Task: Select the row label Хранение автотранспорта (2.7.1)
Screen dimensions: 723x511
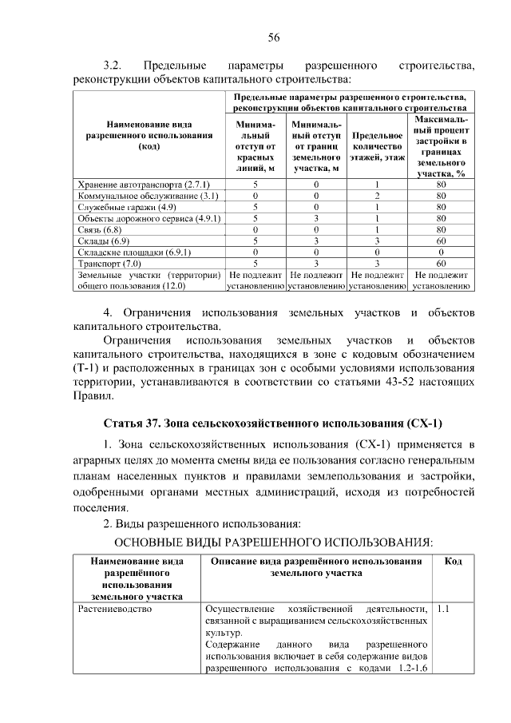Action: pos(133,185)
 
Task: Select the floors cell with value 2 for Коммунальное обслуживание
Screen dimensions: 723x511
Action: pos(376,196)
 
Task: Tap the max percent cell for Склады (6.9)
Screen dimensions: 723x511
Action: pos(441,240)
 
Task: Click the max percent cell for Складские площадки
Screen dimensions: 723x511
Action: pos(441,252)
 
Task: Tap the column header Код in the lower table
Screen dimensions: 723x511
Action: pos(453,562)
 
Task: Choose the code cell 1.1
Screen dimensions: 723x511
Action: pos(444,609)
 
